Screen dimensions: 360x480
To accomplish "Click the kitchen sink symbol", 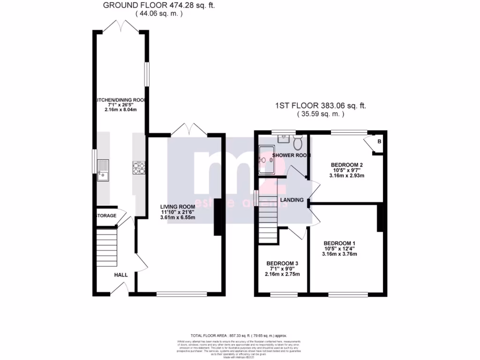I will [x=103, y=170].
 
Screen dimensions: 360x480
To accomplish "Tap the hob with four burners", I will [x=139, y=168].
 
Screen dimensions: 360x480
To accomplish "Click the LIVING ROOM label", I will [x=177, y=206].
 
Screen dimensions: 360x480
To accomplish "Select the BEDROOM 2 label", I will [x=347, y=165].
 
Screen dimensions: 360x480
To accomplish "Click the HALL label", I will [x=121, y=276].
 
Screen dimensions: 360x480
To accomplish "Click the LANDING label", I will [x=292, y=200].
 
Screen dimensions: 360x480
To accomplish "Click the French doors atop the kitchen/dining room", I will [x=120, y=27].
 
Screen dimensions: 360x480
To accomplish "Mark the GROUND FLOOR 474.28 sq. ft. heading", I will [x=159, y=6].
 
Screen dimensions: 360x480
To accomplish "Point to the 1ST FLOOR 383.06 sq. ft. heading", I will [x=321, y=106].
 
